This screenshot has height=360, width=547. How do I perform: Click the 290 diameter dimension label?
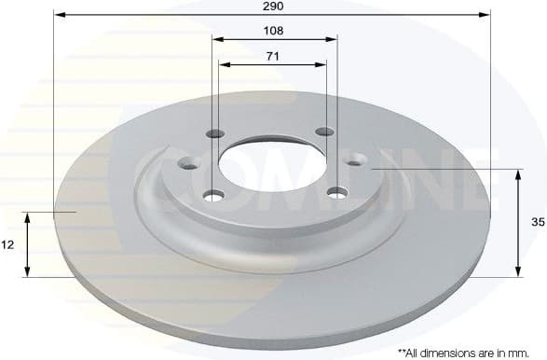(273, 6)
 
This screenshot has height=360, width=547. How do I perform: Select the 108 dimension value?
(273, 30)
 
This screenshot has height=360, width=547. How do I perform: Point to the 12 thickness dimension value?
(8, 244)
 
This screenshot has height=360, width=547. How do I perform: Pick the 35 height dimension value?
(538, 223)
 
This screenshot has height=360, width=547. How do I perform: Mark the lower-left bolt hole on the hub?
(214, 195)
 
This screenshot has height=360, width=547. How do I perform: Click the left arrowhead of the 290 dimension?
(58, 14)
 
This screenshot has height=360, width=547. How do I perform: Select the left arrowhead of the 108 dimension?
(217, 39)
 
